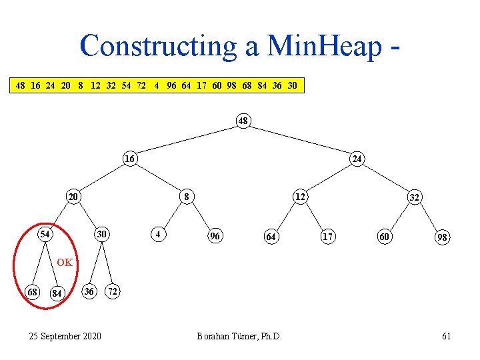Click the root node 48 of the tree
pos(243,121)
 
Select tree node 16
pos(130,159)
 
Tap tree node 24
pos(357,159)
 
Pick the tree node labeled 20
pos(73,197)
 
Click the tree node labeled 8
pos(187,197)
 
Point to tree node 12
pos(301,197)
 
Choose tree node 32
pos(414,198)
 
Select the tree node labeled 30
pos(101,235)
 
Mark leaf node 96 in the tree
pos(215,236)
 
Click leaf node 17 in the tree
pos(328,236)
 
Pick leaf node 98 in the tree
pos(442,237)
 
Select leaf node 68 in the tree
pos(31,291)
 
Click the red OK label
pos(65,262)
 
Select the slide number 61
pos(446,336)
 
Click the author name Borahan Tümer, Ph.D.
pos(239,336)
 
